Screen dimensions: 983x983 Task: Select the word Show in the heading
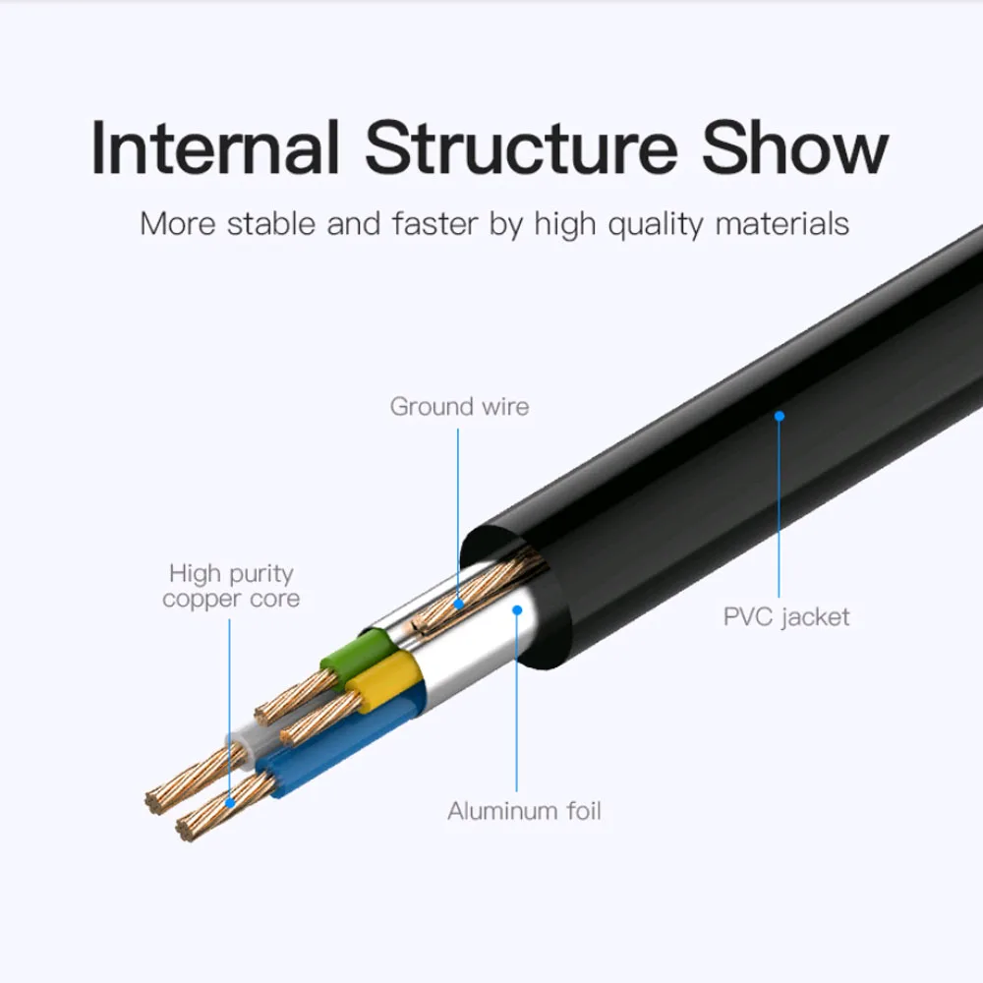(794, 147)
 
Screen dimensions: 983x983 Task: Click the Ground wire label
(459, 406)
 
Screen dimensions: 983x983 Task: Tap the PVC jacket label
(786, 617)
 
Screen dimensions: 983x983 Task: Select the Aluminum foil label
(524, 811)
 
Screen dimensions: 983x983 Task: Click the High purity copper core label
(231, 586)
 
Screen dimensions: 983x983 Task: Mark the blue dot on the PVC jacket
(780, 416)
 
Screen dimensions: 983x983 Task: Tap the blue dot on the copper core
(230, 801)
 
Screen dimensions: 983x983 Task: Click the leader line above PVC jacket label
(780, 511)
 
